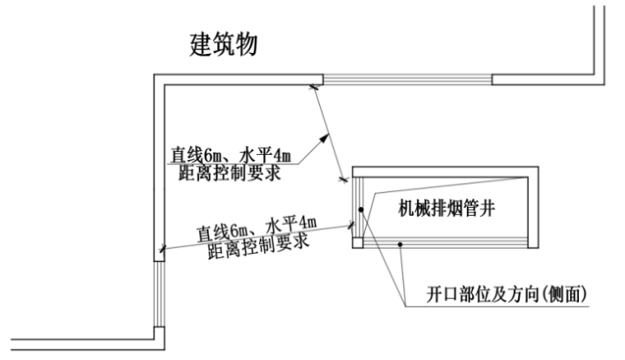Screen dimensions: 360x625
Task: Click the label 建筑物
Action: [225, 44]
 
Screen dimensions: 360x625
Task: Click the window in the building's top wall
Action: [407, 79]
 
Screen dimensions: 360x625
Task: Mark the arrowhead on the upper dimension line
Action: [325, 137]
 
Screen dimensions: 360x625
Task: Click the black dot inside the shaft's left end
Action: [361, 209]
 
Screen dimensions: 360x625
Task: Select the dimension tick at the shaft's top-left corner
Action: [343, 180]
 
